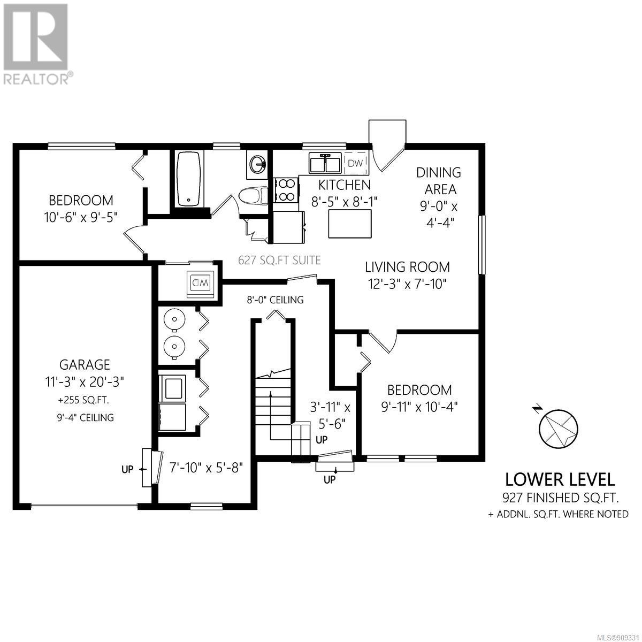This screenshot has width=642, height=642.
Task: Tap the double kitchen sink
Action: pyautogui.click(x=324, y=163)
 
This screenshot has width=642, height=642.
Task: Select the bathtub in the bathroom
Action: pyautogui.click(x=188, y=179)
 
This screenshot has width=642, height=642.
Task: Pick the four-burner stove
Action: pyautogui.click(x=286, y=190)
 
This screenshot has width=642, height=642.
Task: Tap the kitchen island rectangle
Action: pyautogui.click(x=350, y=224)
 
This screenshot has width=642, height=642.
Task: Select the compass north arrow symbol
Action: pyautogui.click(x=559, y=428)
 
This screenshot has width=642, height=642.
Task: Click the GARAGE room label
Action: pyautogui.click(x=85, y=365)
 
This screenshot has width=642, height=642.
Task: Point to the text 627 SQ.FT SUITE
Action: pyautogui.click(x=279, y=260)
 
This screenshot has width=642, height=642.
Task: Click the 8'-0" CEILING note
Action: pyautogui.click(x=275, y=300)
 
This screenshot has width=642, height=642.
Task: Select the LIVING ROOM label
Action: pyautogui.click(x=408, y=267)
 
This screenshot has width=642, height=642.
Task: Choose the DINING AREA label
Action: pyautogui.click(x=439, y=181)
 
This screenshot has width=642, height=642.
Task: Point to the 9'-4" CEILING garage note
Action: pyautogui.click(x=85, y=417)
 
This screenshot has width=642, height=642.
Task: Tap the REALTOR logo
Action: pyautogui.click(x=37, y=43)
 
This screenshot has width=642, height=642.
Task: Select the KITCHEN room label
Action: pyautogui.click(x=345, y=185)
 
